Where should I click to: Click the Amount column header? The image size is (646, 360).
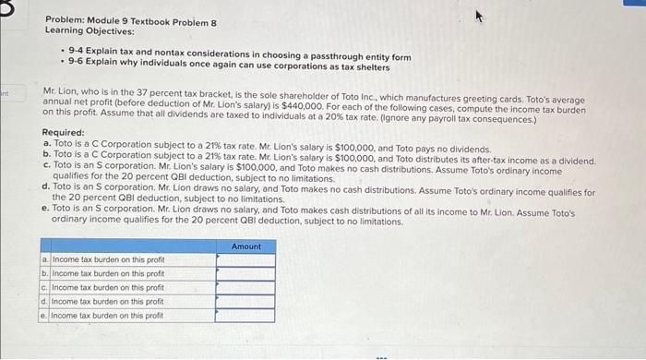tap(245, 246)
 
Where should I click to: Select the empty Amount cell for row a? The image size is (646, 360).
tap(245, 260)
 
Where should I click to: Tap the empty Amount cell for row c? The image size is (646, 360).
tap(245, 287)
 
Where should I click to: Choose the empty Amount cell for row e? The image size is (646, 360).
tap(245, 315)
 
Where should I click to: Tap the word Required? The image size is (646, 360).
tap(64, 133)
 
